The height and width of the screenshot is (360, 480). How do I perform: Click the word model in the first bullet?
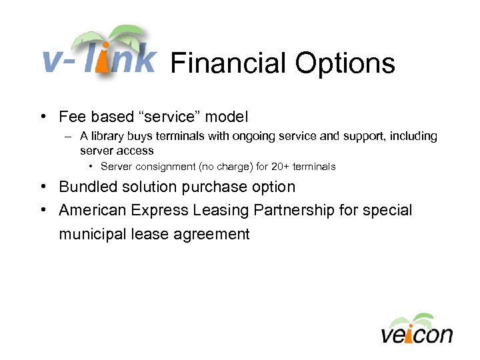click(x=226, y=117)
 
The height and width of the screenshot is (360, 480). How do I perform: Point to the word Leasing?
click(x=221, y=210)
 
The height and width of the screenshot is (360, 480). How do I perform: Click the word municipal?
click(x=91, y=234)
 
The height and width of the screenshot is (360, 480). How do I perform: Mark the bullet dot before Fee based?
click(x=42, y=117)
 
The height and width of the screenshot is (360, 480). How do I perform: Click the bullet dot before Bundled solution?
click(x=42, y=187)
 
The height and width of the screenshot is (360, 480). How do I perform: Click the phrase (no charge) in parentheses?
click(x=236, y=166)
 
